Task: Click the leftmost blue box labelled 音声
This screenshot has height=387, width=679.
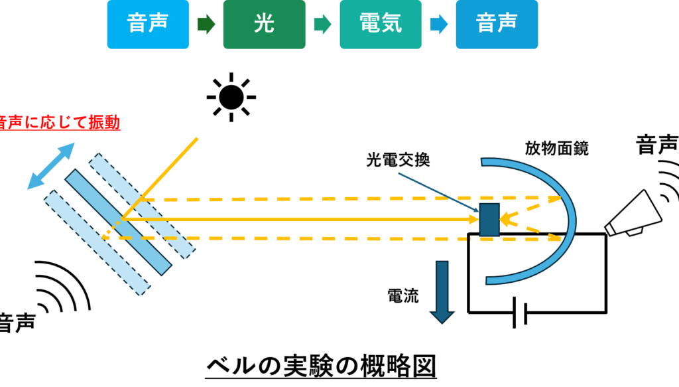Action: pos(147,25)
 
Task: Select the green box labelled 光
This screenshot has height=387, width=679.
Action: pos(264,25)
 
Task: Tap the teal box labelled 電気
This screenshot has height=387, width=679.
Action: pos(380,25)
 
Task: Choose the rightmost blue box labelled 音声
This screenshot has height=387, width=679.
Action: pos(496,25)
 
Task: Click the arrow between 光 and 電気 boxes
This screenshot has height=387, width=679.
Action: pos(322,25)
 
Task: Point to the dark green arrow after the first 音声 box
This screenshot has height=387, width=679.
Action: pos(206,25)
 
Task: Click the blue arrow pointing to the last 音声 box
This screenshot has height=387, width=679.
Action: pos(438,25)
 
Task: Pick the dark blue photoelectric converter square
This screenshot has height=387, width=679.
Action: pos(489,219)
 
